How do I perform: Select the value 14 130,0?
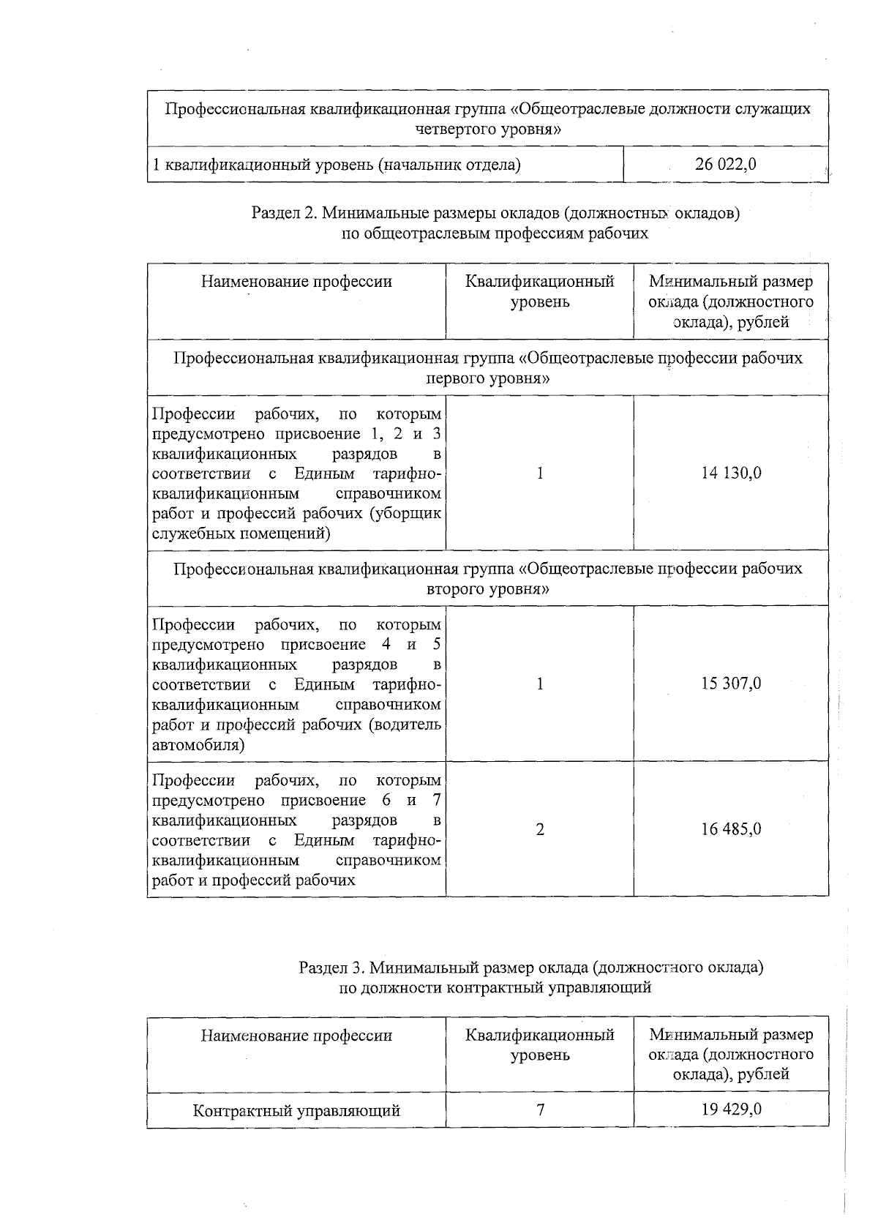pyautogui.click(x=731, y=473)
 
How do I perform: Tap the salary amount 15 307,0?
pyautogui.click(x=731, y=684)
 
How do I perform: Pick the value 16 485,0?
pyautogui.click(x=731, y=829)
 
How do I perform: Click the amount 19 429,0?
pyautogui.click(x=731, y=1109)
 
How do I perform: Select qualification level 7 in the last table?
pyautogui.click(x=540, y=1110)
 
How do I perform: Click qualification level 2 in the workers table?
pyautogui.click(x=540, y=829)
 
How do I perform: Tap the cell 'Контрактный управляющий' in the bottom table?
pyautogui.click(x=296, y=1110)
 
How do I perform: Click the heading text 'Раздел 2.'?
pyautogui.click(x=283, y=214)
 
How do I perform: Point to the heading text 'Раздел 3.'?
pyautogui.click(x=331, y=968)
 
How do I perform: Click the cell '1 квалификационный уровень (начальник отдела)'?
pyautogui.click(x=336, y=165)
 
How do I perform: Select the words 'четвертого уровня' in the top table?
pyautogui.click(x=488, y=130)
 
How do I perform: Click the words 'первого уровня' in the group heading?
pyautogui.click(x=488, y=378)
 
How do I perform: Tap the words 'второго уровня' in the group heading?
pyautogui.click(x=488, y=589)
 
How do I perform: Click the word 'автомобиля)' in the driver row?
pyautogui.click(x=198, y=745)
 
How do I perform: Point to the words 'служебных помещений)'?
pyautogui.click(x=241, y=534)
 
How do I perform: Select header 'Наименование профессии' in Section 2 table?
pyautogui.click(x=296, y=282)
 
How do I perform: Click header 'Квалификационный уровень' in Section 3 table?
pyautogui.click(x=540, y=1045)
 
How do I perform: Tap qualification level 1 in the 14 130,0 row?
pyautogui.click(x=540, y=473)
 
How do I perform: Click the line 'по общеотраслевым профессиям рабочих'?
pyautogui.click(x=495, y=233)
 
